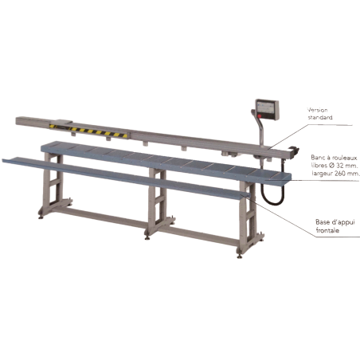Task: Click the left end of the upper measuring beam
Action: tap(22, 121)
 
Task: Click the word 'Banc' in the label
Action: tap(317, 158)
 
